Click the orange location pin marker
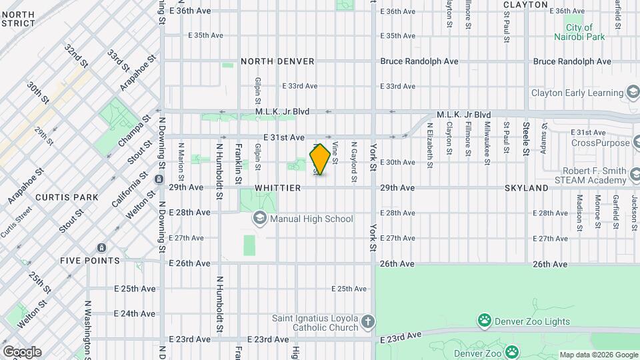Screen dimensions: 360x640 (x=321, y=159)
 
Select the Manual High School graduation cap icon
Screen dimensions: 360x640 (x=259, y=218)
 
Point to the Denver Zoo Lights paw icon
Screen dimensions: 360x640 (x=484, y=321)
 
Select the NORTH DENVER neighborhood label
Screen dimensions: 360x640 (x=277, y=61)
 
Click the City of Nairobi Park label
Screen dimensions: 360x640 (x=579, y=32)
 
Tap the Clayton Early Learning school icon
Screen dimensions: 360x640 (x=633, y=93)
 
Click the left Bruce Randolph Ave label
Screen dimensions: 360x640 (x=419, y=61)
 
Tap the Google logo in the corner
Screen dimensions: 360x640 (x=21, y=351)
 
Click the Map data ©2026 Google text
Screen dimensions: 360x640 (x=598, y=355)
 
